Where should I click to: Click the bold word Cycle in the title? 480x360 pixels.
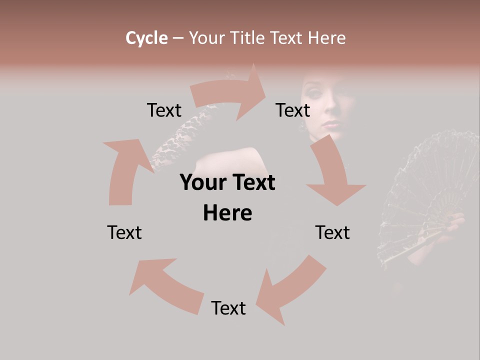(146, 38)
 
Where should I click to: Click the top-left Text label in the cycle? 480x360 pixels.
(164, 110)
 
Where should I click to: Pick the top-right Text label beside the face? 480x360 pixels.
(293, 110)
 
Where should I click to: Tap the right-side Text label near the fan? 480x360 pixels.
(332, 232)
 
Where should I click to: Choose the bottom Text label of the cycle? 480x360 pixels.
(228, 308)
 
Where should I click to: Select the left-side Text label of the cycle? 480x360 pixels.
(124, 232)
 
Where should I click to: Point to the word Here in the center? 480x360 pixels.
(227, 213)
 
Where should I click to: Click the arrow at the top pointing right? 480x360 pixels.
(230, 93)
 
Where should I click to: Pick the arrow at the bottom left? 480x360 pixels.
(165, 285)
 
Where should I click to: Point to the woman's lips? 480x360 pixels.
(331, 124)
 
